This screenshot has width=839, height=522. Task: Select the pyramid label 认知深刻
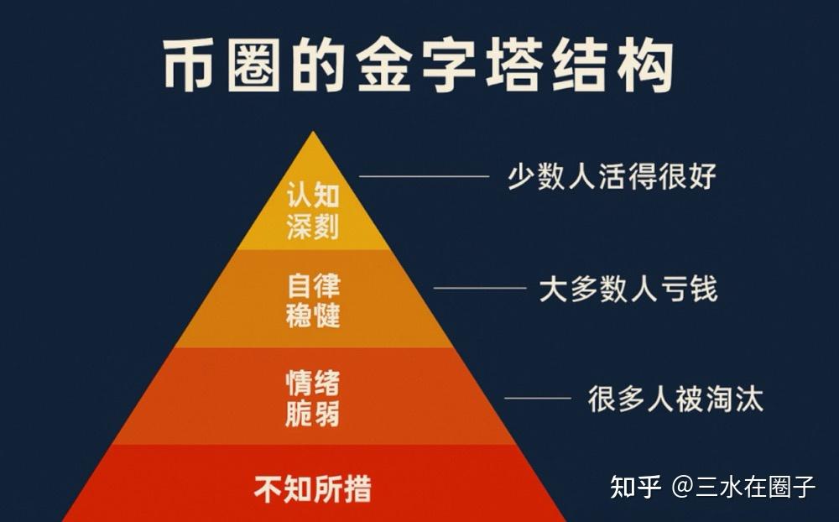[313, 211]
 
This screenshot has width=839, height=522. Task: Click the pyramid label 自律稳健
[313, 300]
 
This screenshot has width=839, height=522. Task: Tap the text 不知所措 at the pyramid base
[313, 488]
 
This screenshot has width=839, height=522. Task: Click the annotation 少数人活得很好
[612, 177]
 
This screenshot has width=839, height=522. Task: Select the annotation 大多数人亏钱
[628, 290]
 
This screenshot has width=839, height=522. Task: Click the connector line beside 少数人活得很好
[424, 176]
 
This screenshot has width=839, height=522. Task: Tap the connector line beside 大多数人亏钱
[479, 288]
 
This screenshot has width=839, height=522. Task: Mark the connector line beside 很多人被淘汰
[537, 398]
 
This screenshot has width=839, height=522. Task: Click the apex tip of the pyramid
[314, 133]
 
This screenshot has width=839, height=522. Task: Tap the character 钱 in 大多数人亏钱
[703, 290]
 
